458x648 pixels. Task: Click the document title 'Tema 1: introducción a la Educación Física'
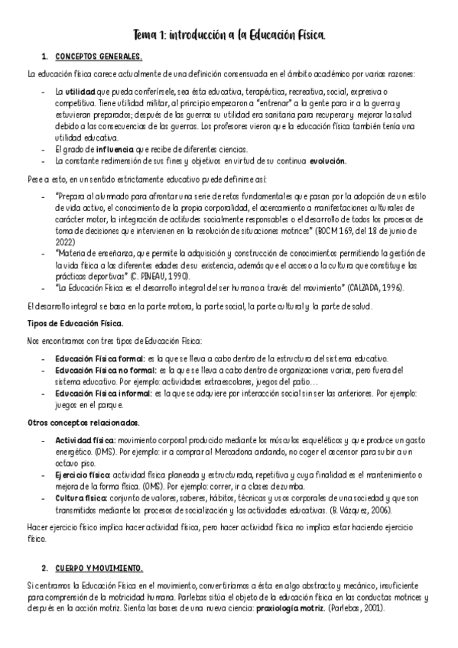[229, 35]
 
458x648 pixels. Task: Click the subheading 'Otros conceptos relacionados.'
[73, 423]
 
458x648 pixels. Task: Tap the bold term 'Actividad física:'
[85, 440]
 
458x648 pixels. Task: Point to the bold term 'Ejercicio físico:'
[84, 475]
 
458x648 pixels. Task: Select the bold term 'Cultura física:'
[82, 498]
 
